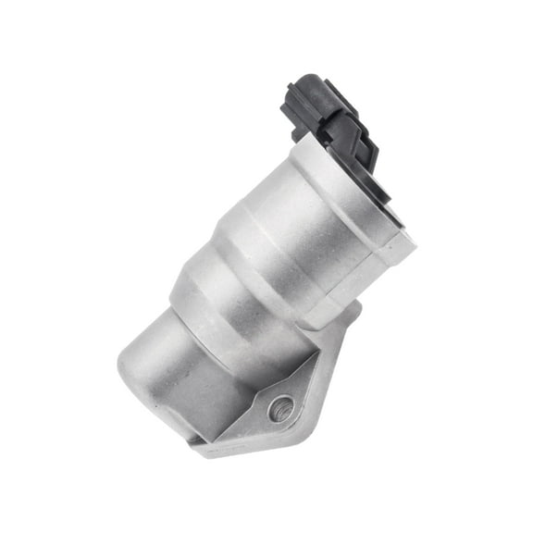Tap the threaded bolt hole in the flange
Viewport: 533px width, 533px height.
[x=280, y=406]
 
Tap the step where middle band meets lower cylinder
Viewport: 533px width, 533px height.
[x=190, y=305]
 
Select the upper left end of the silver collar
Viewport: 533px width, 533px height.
[x=302, y=144]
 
